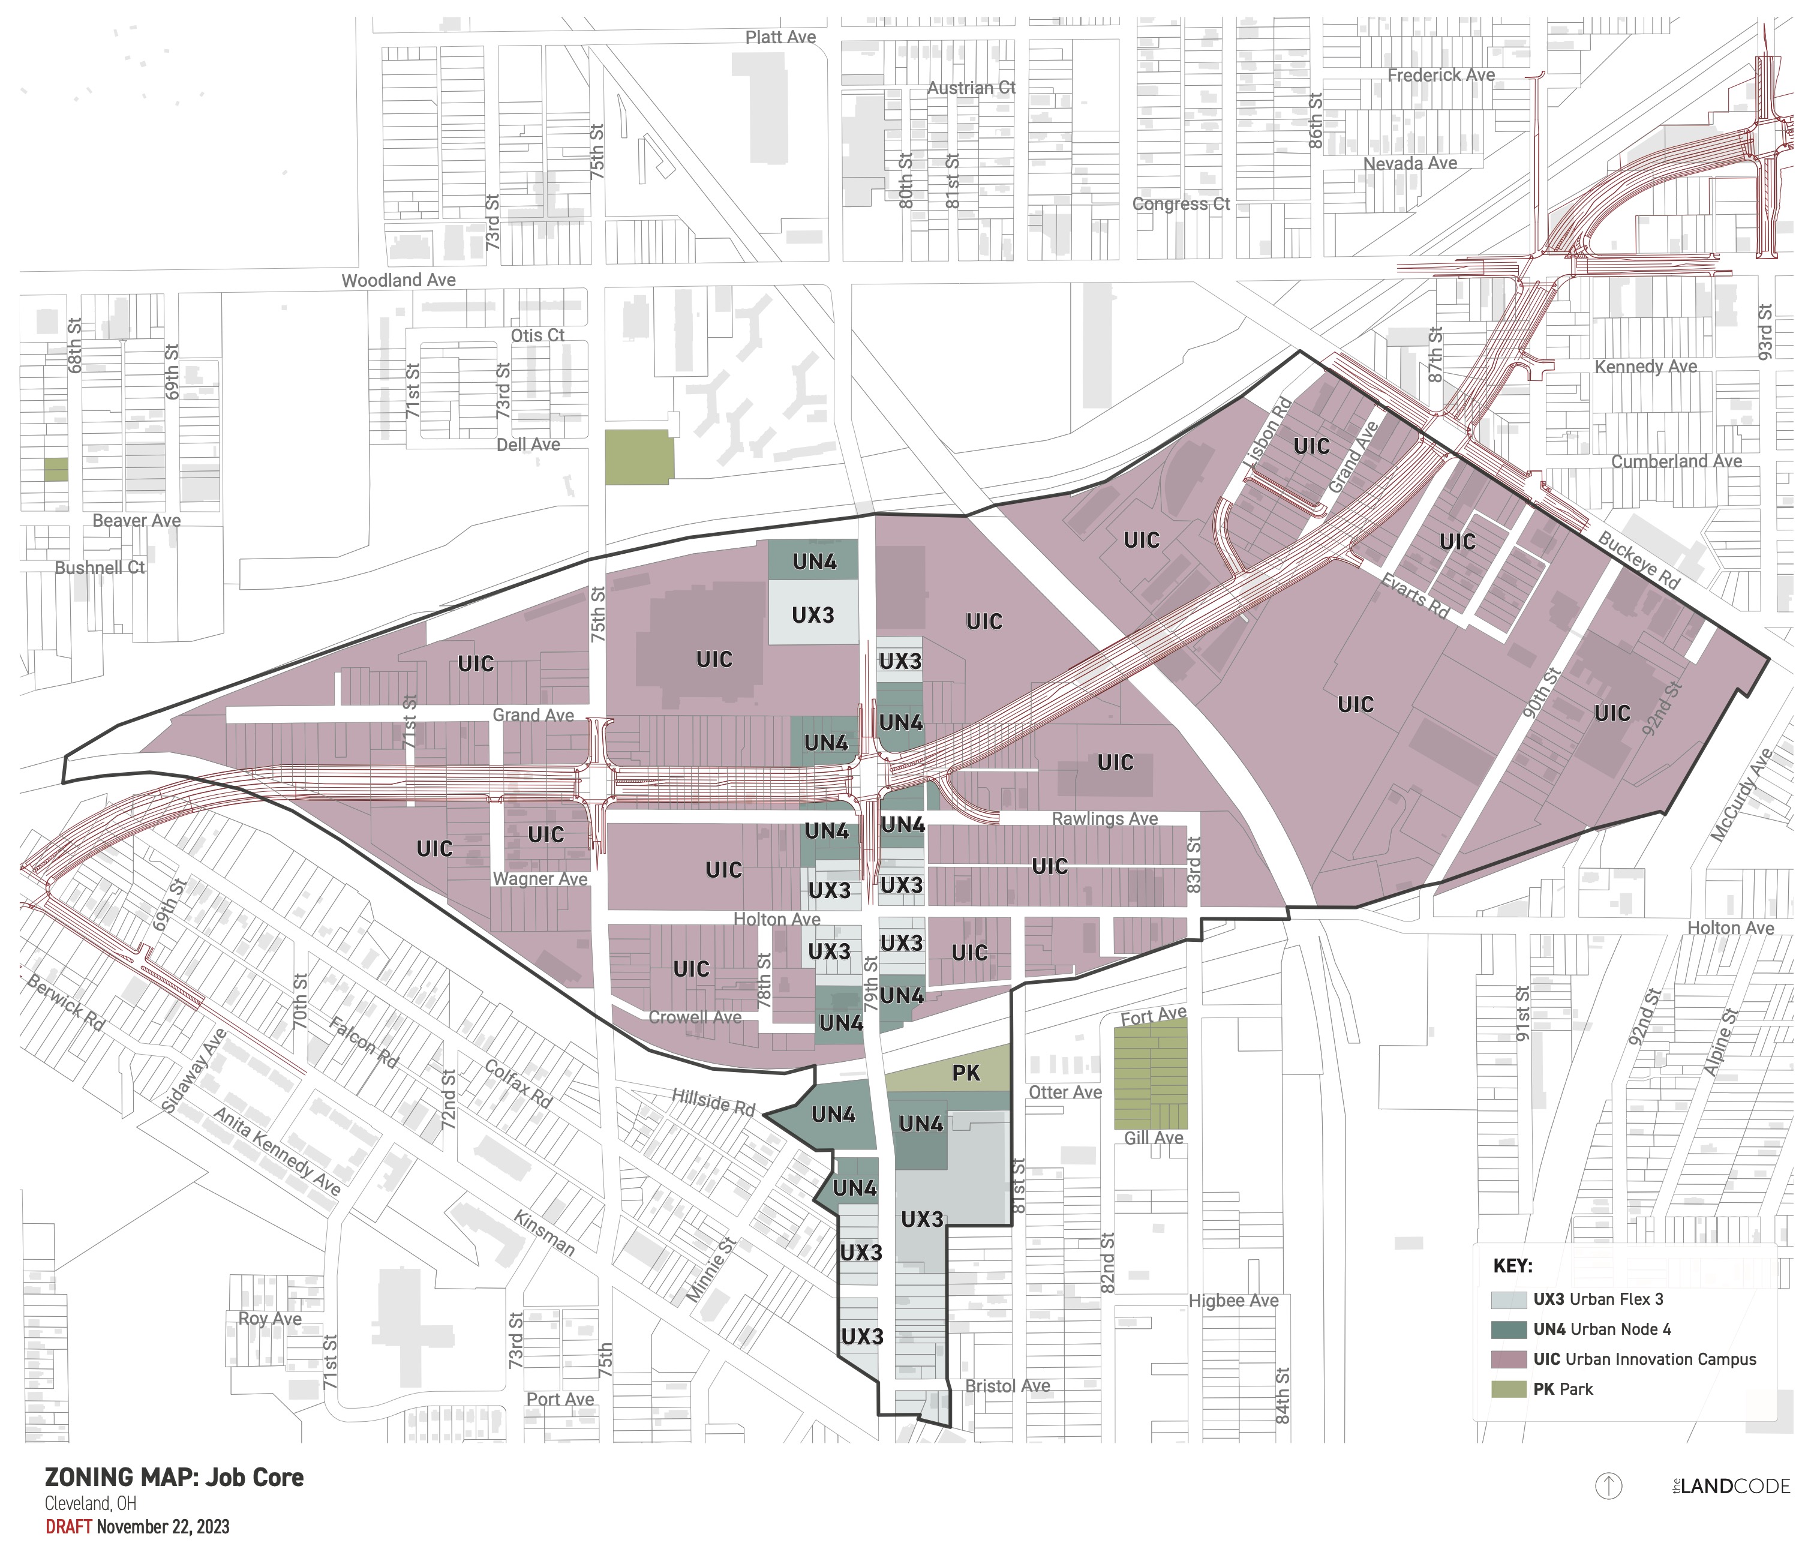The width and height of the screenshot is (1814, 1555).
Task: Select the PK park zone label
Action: pyautogui.click(x=966, y=1073)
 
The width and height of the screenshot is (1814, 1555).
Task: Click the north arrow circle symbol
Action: pyautogui.click(x=1608, y=1486)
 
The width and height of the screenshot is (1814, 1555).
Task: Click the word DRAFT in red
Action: pyautogui.click(x=68, y=1527)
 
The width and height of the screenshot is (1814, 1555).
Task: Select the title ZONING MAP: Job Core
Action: pyautogui.click(x=174, y=1478)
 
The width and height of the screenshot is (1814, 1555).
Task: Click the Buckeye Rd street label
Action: pyautogui.click(x=1639, y=560)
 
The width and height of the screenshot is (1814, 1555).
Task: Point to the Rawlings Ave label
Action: pyautogui.click(x=1105, y=819)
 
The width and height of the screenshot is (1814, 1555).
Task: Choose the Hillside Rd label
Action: pyautogui.click(x=713, y=1101)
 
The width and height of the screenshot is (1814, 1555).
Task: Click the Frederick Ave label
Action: pyautogui.click(x=1441, y=76)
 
